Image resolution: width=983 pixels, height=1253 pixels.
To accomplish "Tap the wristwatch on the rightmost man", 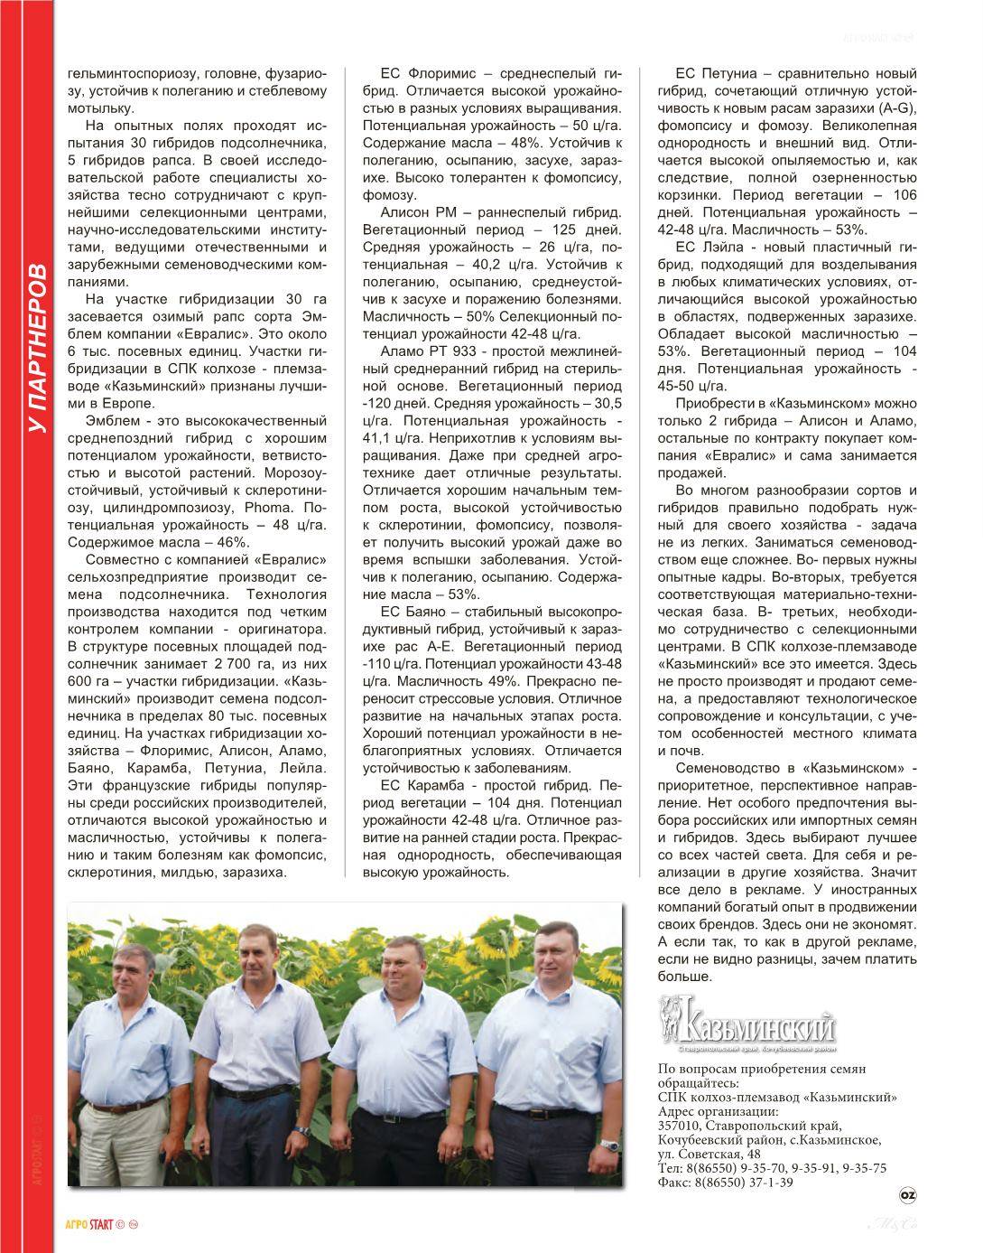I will coord(612,1145).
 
